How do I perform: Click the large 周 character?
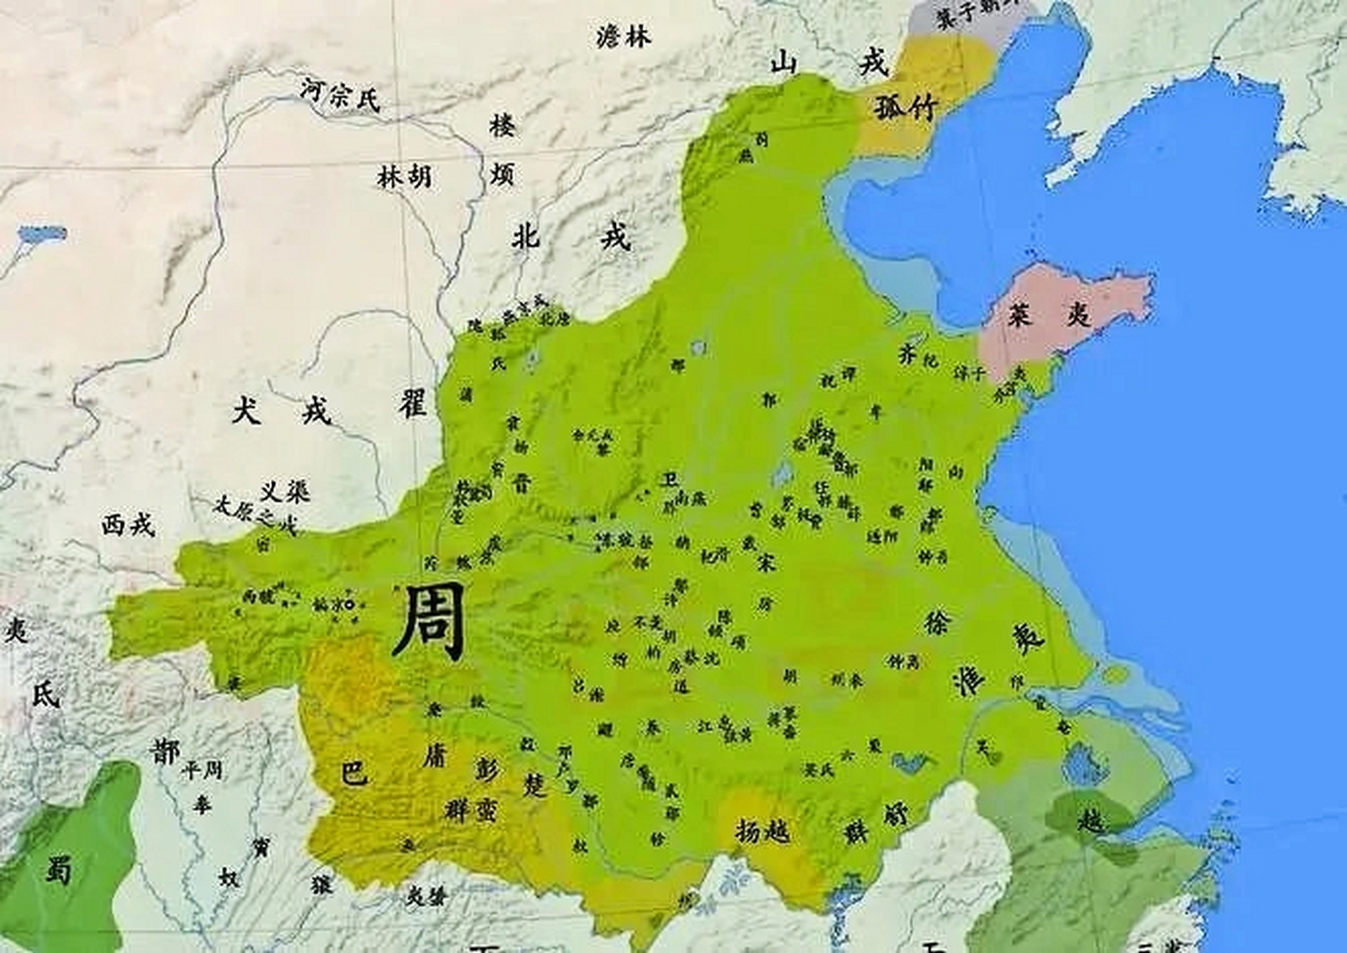pyautogui.click(x=430, y=622)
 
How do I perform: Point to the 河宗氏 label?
pyautogui.click(x=340, y=95)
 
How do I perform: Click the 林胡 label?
pyautogui.click(x=404, y=176)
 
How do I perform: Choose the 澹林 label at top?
pyautogui.click(x=623, y=36)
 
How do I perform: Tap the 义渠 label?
pyautogui.click(x=284, y=491)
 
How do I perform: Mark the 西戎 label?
pyautogui.click(x=128, y=524)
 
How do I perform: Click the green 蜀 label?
pyautogui.click(x=58, y=869)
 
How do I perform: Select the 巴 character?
pyautogui.click(x=354, y=773)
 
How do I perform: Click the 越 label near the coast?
pyautogui.click(x=1092, y=820)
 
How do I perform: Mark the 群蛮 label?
pyautogui.click(x=471, y=809)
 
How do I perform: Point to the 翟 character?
pyautogui.click(x=412, y=405)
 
